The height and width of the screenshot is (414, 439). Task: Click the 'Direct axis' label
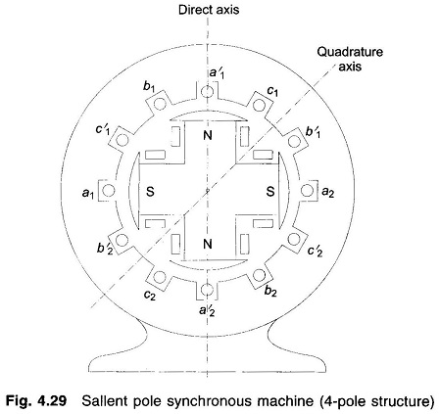tap(209, 10)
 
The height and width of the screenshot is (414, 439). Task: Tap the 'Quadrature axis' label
tap(350, 59)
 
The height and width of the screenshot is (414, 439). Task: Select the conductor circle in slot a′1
tap(207, 92)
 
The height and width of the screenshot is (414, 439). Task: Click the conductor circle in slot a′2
tap(207, 289)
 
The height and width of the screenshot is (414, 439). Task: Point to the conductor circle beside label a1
tap(109, 190)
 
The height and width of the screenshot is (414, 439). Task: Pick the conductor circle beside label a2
tap(307, 190)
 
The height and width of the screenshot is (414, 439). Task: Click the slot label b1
tap(149, 86)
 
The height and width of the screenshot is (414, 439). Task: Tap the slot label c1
tap(272, 91)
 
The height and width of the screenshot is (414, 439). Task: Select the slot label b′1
tap(313, 132)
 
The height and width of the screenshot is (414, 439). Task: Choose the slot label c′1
tap(102, 130)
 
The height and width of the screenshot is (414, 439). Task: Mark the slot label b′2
tap(105, 249)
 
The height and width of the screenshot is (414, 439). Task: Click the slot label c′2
tap(316, 251)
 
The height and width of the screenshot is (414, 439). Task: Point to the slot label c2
tap(150, 295)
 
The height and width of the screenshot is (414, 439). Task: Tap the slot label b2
tap(270, 291)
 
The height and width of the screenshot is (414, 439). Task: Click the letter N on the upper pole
tap(208, 135)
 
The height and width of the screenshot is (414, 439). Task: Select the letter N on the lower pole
tap(208, 244)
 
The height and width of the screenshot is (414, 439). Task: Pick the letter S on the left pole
tap(150, 192)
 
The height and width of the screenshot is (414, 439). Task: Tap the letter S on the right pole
tap(270, 192)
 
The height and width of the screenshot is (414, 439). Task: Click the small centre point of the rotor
tap(207, 190)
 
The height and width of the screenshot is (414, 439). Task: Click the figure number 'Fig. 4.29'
tap(36, 401)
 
